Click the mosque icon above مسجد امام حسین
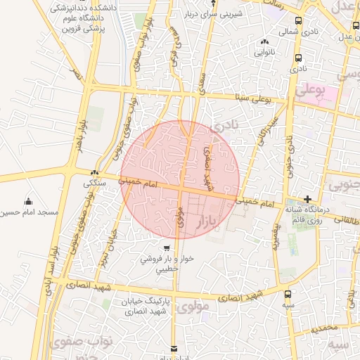[27, 202]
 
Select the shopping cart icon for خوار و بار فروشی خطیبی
[166, 248]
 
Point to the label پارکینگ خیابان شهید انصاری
[137, 306]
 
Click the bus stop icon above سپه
[288, 295]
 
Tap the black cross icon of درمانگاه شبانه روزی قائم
[307, 199]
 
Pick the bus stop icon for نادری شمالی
[299, 22]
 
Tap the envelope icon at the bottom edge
[174, 347]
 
